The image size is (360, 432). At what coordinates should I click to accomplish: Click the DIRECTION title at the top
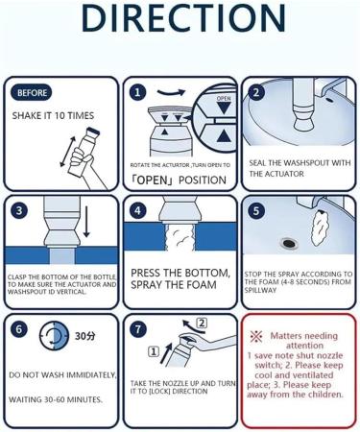(x=183, y=17)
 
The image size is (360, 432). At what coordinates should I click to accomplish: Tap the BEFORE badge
(x=32, y=93)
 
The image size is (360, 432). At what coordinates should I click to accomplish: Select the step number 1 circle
(x=137, y=92)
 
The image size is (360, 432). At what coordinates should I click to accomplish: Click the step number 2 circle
(x=256, y=92)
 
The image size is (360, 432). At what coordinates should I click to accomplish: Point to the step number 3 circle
(x=19, y=211)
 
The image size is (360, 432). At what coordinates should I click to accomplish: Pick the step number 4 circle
(x=137, y=211)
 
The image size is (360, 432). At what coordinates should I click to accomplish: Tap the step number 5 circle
(x=256, y=211)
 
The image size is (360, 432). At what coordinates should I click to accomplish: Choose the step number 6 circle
(x=19, y=329)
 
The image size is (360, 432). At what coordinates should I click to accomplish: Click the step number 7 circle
(x=137, y=329)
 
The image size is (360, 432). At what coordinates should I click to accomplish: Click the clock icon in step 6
(x=54, y=335)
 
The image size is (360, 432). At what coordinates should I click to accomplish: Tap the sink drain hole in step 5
(x=290, y=243)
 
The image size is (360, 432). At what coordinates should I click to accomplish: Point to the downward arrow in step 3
(x=86, y=222)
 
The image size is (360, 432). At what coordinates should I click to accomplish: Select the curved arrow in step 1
(x=171, y=93)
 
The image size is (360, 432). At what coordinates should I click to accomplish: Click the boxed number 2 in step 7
(x=202, y=324)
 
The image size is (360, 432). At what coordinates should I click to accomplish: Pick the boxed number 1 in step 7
(x=154, y=352)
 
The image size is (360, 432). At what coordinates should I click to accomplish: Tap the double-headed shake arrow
(x=68, y=152)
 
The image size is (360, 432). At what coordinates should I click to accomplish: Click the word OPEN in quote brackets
(x=152, y=180)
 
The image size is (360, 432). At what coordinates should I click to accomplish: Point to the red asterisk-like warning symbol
(x=256, y=336)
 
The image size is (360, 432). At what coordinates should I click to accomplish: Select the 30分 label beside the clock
(x=84, y=336)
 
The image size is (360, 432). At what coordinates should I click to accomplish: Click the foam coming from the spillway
(x=320, y=228)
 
